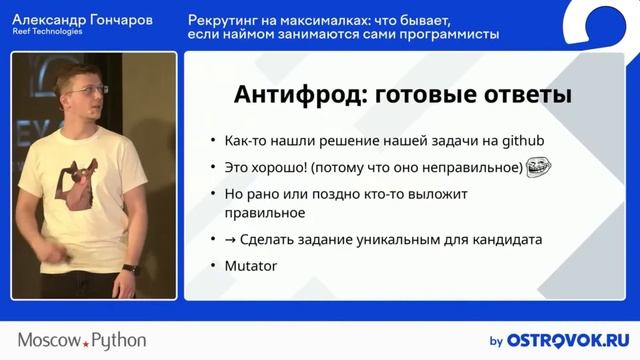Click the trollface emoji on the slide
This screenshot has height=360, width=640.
tap(540, 167)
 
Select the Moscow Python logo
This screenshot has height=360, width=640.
tap(82, 340)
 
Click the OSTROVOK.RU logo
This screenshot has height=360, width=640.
tap(566, 340)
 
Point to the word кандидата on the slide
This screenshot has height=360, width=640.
tap(508, 240)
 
